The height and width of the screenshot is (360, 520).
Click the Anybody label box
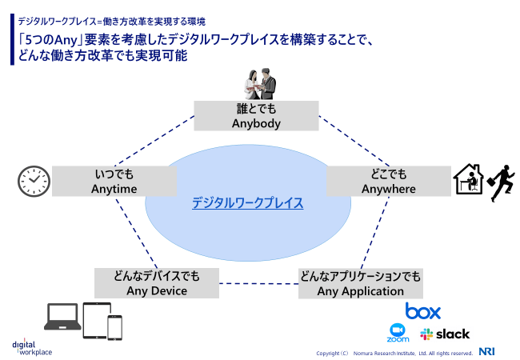[x=256, y=116]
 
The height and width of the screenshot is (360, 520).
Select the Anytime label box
[x=114, y=181]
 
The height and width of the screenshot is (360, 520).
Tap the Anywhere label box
[x=389, y=181]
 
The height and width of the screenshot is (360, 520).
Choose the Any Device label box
[x=157, y=283]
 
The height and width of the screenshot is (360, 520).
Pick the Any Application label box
[x=360, y=283]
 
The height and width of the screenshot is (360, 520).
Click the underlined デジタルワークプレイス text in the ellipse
[x=247, y=203]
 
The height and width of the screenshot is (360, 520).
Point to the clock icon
[x=34, y=181]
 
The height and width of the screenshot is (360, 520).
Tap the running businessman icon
[x=502, y=179]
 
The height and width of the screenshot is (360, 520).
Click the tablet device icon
[x=95, y=320]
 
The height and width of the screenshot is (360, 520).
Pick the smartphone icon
[x=115, y=326]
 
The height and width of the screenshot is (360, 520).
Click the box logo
[x=423, y=310]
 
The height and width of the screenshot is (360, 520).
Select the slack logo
[x=446, y=334]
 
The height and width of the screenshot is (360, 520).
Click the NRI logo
[x=487, y=351]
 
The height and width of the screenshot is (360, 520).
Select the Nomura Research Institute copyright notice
[x=394, y=353]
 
